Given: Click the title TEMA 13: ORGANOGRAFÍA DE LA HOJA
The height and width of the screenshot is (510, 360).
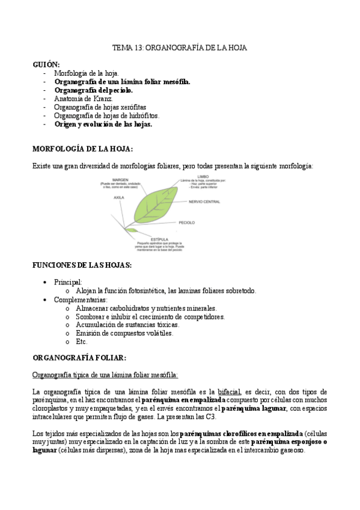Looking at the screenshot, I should point(180,48).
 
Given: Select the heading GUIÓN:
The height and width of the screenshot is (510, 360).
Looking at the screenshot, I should point(46,64).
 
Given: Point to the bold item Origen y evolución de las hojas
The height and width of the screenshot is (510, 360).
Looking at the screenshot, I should point(103,124).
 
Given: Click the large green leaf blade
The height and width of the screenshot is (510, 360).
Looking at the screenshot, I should point(154,204).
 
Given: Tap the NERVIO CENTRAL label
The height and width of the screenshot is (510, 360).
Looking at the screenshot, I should point(204,201).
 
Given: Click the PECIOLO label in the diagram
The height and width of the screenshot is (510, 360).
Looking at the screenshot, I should point(187,223).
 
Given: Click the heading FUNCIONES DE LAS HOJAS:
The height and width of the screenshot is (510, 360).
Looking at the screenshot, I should point(81,265).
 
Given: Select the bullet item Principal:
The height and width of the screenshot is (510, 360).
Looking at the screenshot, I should point(68,281).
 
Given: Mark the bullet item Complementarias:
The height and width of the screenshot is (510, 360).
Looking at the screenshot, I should point(81,299).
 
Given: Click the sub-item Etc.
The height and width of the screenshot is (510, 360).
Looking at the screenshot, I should point(82,341).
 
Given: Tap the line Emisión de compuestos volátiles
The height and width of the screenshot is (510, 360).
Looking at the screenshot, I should point(124,333).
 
